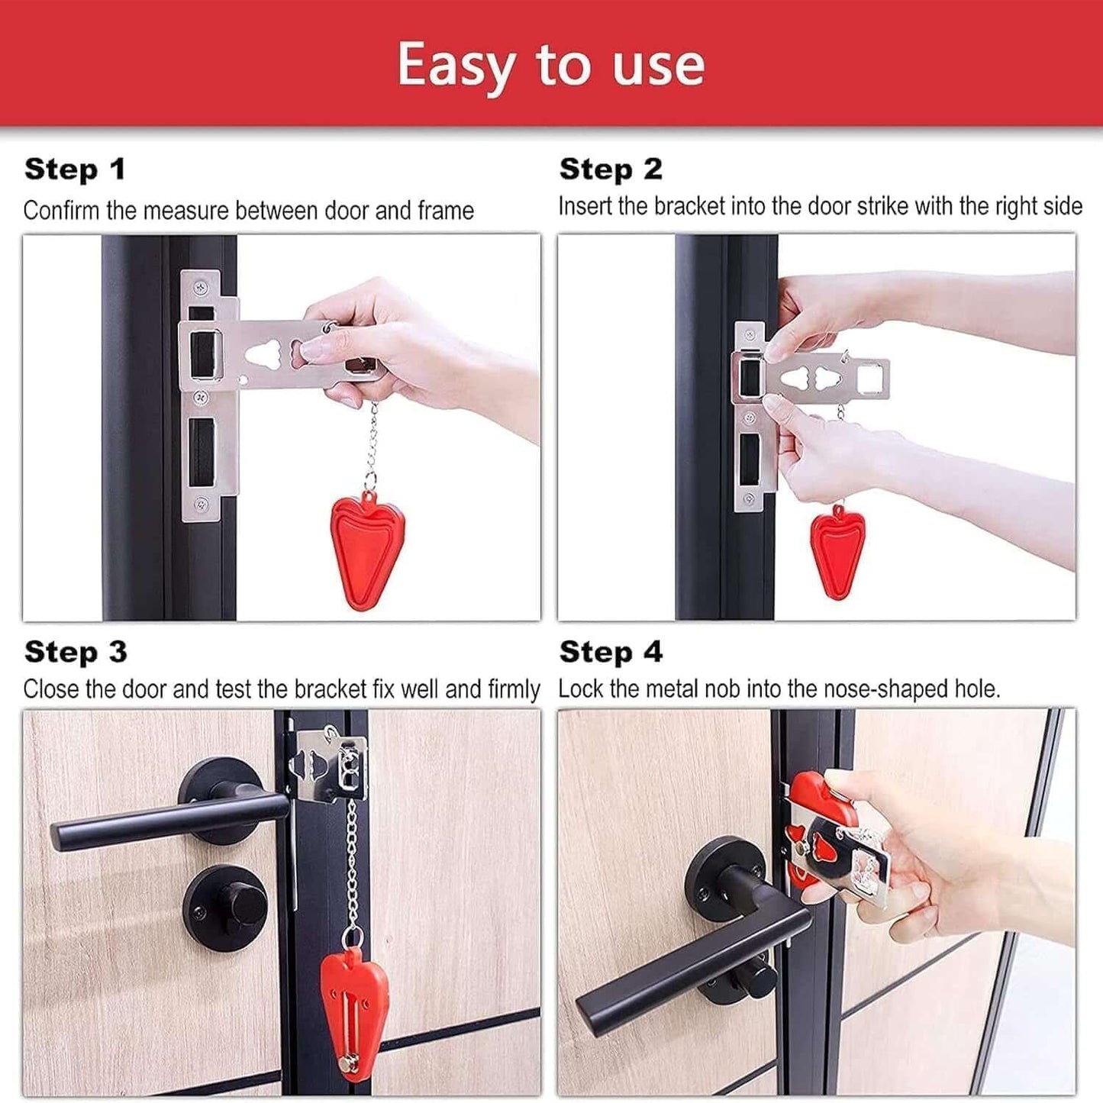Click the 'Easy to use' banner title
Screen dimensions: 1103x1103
pyautogui.click(x=550, y=66)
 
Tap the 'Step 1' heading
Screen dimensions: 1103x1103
pyautogui.click(x=75, y=169)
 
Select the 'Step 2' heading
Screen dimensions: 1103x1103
pyautogui.click(x=611, y=169)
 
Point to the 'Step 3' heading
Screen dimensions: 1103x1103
pyautogui.click(x=76, y=652)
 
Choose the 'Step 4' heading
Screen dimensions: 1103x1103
pyautogui.click(x=611, y=652)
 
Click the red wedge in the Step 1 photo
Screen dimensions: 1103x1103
pyautogui.click(x=367, y=551)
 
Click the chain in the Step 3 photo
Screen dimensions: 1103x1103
pyautogui.click(x=353, y=863)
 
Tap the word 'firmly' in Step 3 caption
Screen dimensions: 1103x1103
pyautogui.click(x=513, y=689)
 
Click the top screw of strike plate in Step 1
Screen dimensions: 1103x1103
pyautogui.click(x=202, y=288)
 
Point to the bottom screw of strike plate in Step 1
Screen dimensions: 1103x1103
pyautogui.click(x=202, y=504)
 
